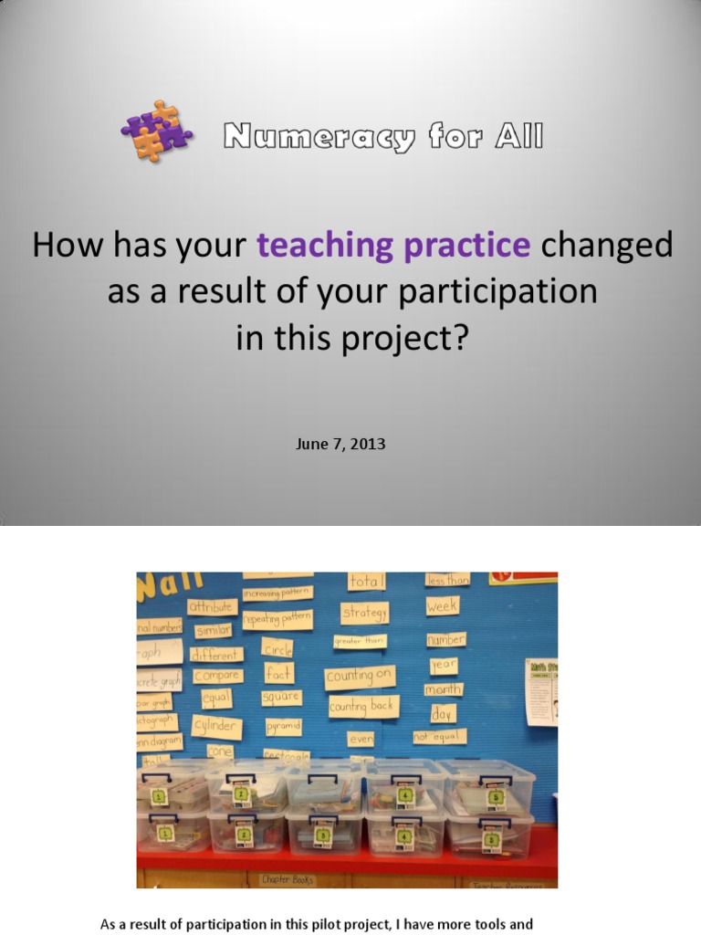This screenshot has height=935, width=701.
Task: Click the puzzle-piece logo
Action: tap(156, 131)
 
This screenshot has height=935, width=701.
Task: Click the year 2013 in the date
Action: tap(369, 445)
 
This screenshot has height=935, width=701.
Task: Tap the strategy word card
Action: tap(365, 613)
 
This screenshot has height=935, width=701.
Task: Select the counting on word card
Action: tap(361, 677)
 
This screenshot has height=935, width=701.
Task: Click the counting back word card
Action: tap(363, 707)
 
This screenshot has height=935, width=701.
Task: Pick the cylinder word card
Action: tap(216, 726)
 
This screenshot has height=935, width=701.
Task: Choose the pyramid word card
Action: tap(283, 728)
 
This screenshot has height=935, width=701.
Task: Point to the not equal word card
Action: tap(439, 736)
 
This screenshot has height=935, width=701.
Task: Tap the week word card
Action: tap(443, 605)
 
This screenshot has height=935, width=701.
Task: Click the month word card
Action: tap(444, 689)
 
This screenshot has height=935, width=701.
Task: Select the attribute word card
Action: tap(212, 606)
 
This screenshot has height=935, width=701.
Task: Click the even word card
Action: tap(361, 739)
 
